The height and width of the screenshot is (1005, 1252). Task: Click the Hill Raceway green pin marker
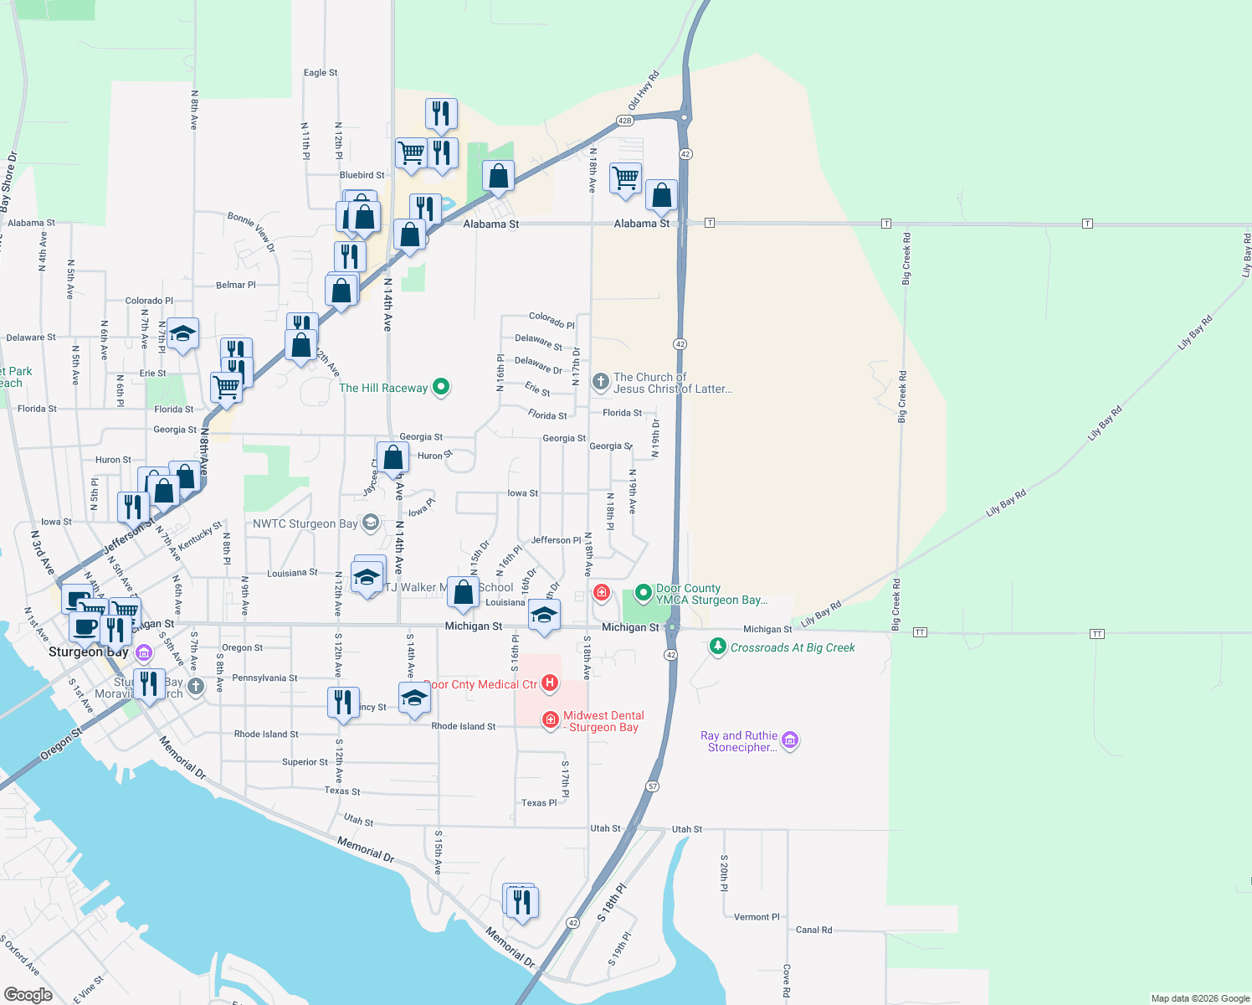tap(441, 387)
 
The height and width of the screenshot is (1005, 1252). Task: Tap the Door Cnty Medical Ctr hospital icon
tap(550, 683)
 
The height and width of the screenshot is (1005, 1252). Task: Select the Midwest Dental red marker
tap(550, 719)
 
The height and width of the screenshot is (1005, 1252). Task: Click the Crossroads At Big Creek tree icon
tap(717, 647)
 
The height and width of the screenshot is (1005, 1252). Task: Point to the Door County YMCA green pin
tap(643, 593)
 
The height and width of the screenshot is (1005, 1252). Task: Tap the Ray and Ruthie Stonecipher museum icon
tap(789, 740)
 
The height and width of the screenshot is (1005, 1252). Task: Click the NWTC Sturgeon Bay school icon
tap(370, 523)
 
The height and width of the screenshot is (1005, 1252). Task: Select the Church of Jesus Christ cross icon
tap(600, 382)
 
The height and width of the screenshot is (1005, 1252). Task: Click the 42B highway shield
tap(624, 121)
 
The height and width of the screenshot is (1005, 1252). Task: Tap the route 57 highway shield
tap(653, 786)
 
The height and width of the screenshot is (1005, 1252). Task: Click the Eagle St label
tap(321, 73)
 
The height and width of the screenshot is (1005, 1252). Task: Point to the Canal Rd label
tap(813, 930)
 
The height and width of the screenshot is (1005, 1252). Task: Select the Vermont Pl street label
tap(757, 917)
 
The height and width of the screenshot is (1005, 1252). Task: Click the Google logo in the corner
tap(28, 994)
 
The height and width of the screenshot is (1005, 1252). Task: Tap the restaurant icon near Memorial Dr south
tap(521, 902)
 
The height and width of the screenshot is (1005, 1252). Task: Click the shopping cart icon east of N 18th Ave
tap(625, 178)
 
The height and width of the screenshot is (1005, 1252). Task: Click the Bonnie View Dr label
tap(251, 232)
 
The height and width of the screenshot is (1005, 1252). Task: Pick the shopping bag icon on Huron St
tap(393, 457)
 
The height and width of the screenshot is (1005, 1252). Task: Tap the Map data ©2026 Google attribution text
tap(1200, 998)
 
